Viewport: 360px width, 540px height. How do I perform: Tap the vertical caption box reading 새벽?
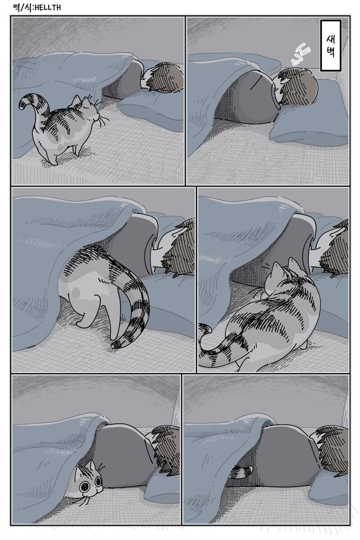click(330, 45)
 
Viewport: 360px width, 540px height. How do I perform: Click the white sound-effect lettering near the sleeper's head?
click(300, 54)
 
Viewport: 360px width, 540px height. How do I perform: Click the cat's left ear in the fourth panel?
click(276, 268)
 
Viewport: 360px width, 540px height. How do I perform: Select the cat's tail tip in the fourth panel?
click(204, 328)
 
